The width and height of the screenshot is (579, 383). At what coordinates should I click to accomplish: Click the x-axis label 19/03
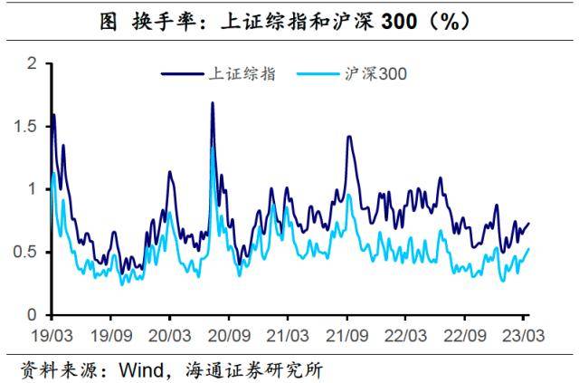click(51, 333)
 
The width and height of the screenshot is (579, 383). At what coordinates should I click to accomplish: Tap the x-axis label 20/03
click(169, 333)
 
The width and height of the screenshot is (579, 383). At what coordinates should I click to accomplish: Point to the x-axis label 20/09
click(228, 333)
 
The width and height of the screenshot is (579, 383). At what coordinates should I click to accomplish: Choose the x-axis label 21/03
click(287, 333)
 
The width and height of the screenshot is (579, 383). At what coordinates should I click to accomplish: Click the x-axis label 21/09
click(346, 333)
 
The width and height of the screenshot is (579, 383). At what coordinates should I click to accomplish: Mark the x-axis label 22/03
click(405, 333)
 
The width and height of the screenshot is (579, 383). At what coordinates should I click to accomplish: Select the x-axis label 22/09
click(464, 333)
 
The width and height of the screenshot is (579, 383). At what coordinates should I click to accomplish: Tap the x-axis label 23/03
click(523, 333)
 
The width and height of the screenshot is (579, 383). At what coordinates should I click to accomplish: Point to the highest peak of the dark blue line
click(212, 103)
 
